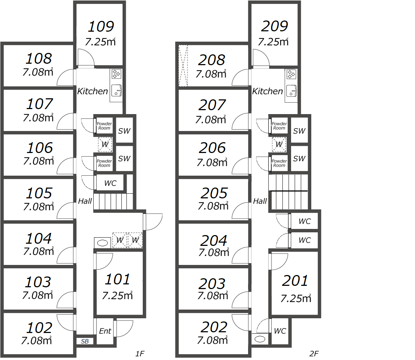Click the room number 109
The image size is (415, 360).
click(x=101, y=26)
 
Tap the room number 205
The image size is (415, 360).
click(x=214, y=193)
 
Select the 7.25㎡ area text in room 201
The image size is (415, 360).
click(x=296, y=299)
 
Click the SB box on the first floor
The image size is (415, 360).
click(x=85, y=342)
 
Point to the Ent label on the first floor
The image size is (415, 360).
click(x=105, y=331)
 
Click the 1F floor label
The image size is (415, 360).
click(x=140, y=354)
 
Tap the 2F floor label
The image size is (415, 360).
click(x=314, y=354)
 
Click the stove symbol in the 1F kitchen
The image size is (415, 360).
click(x=116, y=74)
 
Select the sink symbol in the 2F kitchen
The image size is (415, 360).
click(x=291, y=91)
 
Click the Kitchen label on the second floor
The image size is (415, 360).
click(x=267, y=91)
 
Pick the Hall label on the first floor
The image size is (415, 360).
click(x=85, y=201)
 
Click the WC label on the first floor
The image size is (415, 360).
click(x=110, y=183)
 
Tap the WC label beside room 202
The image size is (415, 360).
click(x=280, y=331)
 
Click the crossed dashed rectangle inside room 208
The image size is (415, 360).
click(x=183, y=66)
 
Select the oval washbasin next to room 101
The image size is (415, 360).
click(x=102, y=243)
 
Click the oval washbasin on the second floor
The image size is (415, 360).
click(x=260, y=339)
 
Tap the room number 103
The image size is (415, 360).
click(x=38, y=282)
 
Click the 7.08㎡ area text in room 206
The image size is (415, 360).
click(x=212, y=162)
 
